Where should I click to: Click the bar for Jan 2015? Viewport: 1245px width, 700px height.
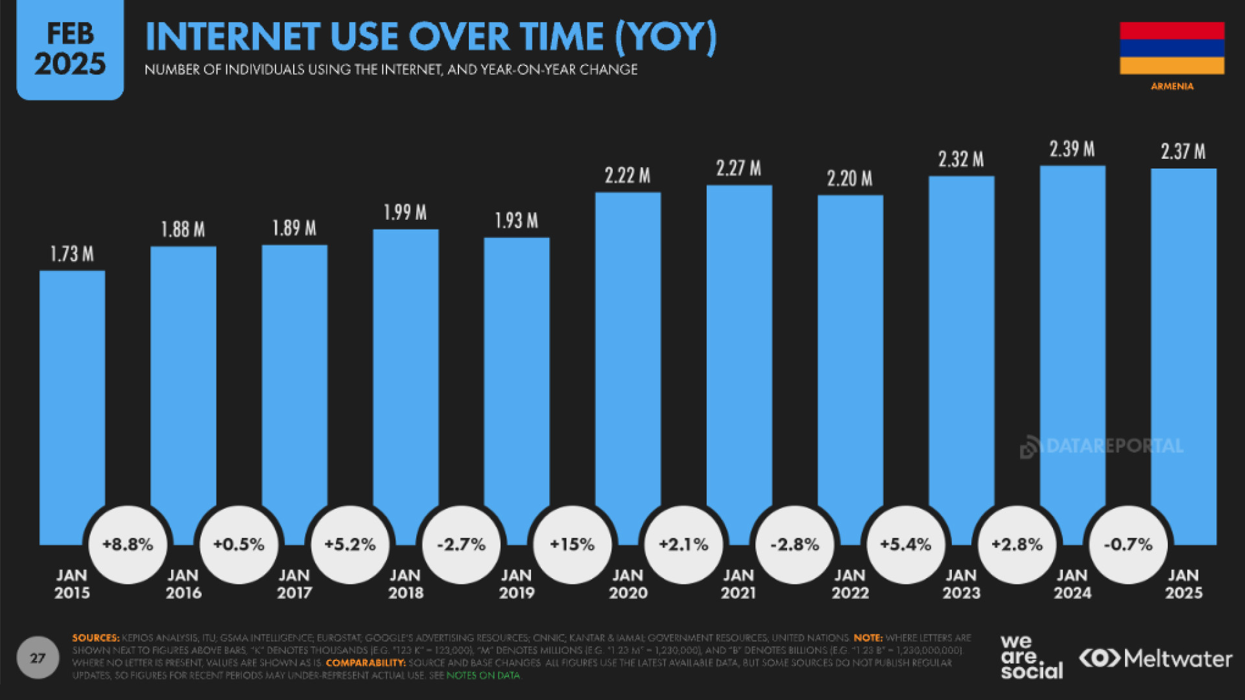(x=72, y=389)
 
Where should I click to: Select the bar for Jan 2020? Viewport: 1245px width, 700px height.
(x=628, y=350)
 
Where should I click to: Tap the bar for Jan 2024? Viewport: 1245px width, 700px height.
(x=1073, y=337)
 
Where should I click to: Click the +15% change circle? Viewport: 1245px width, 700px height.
(x=572, y=544)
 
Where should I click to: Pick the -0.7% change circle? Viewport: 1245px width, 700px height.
(x=1128, y=544)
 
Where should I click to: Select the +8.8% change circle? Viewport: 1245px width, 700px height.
(x=128, y=544)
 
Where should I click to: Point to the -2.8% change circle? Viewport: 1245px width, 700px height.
(x=794, y=544)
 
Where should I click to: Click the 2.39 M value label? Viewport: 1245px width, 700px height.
(x=1072, y=150)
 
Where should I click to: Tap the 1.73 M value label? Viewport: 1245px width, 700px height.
(x=72, y=254)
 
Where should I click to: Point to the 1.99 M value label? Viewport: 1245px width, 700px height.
(x=405, y=213)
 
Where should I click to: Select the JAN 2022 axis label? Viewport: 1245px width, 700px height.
(x=850, y=584)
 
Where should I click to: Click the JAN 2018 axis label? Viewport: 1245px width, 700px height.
(x=405, y=584)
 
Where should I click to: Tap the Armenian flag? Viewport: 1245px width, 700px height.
(x=1172, y=48)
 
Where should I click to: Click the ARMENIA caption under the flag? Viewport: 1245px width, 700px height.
(x=1172, y=86)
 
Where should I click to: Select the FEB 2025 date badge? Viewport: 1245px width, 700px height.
(x=70, y=49)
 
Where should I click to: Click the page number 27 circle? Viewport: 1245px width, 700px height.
(x=38, y=658)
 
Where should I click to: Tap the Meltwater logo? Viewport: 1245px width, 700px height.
(x=1156, y=659)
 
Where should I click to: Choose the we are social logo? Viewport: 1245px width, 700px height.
(x=1031, y=657)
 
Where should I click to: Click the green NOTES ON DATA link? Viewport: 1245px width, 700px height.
(x=483, y=675)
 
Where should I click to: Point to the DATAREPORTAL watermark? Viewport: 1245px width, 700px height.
(x=1102, y=447)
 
